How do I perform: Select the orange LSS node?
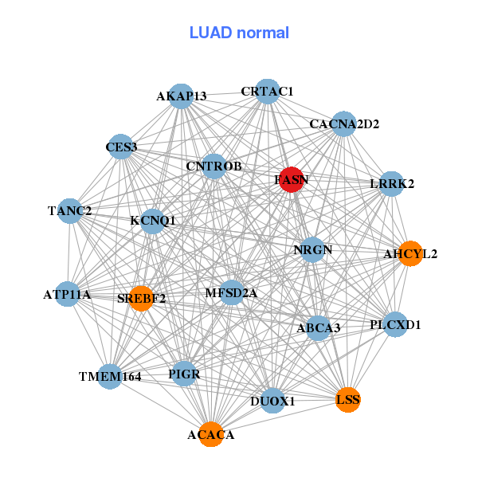348,399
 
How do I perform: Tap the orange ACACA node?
211,434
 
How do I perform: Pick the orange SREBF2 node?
141,299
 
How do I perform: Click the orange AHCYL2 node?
410,253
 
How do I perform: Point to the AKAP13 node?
182,96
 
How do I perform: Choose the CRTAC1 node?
268,92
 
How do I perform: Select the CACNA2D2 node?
343,123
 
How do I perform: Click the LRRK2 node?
392,184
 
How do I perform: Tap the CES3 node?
121,147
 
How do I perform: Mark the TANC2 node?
70,211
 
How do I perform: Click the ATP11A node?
68,294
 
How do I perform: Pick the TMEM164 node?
110,376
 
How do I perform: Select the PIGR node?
185,374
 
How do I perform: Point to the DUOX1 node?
272,401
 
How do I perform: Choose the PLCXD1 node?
395,324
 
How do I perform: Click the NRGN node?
312,249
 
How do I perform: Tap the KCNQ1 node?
153,220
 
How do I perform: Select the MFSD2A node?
231,292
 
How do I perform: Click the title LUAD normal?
239,33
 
